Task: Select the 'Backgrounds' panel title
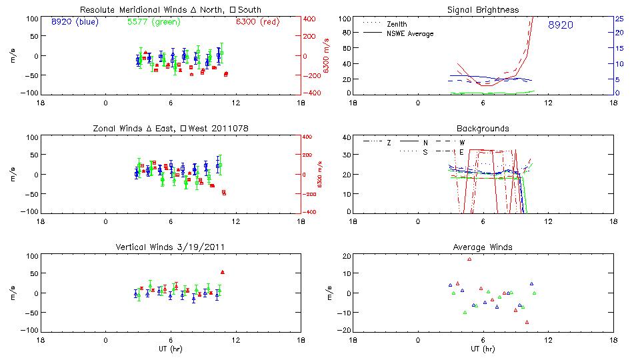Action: coord(483,129)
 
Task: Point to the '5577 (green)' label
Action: coord(152,22)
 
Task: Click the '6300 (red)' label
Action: coord(257,22)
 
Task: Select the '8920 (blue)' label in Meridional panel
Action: coord(74,22)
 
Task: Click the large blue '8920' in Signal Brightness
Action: coord(560,25)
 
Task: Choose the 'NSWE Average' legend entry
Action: coord(410,33)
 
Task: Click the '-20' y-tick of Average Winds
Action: coord(345,331)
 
